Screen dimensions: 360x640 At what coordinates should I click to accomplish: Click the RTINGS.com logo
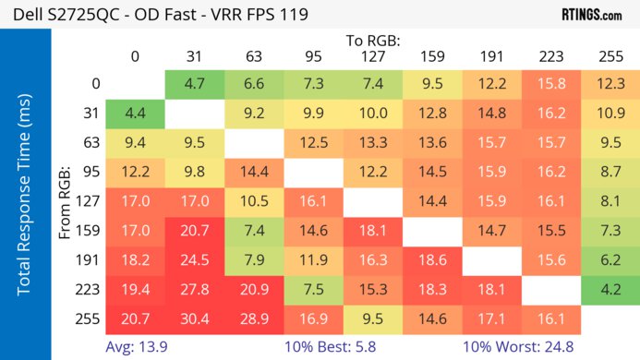591,15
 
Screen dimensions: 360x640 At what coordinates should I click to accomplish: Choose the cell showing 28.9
254,318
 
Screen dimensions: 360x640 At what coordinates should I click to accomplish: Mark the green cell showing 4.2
610,289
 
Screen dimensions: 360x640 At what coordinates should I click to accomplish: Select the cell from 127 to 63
254,201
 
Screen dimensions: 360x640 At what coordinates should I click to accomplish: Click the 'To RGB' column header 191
492,56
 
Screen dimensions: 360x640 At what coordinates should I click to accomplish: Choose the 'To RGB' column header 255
610,56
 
